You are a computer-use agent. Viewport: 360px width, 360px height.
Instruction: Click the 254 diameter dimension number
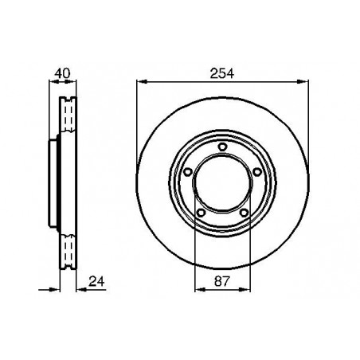coord(222,73)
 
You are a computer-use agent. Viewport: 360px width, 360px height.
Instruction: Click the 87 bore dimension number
coord(221,281)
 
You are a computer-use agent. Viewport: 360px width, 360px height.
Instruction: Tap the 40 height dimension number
coord(62,73)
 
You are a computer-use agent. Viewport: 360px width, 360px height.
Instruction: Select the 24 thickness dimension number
coord(96,281)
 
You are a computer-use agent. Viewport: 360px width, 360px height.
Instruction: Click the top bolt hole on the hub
coord(222,147)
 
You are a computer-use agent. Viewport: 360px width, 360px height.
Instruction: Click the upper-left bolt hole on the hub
coord(188,172)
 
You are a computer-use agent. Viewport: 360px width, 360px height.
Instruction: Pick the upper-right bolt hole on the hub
coord(256,172)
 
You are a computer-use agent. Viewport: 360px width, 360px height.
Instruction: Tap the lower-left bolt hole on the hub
coord(202,213)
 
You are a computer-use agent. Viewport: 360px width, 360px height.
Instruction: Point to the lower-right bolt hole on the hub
coord(244,213)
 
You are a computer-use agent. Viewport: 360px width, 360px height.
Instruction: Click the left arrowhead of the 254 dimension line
coord(142,82)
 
